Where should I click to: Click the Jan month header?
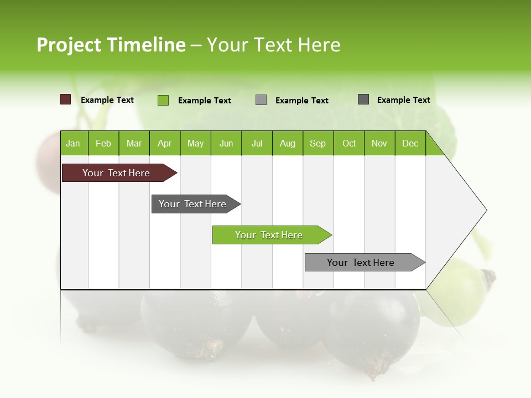73,143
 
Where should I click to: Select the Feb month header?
103,143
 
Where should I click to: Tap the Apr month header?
164,143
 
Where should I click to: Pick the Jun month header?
226,143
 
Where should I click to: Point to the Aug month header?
288,143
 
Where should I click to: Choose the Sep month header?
317,143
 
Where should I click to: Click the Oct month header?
349,143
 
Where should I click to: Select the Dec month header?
410,143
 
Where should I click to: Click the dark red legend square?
66,99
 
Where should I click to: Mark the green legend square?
163,100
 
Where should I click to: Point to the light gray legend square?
261,100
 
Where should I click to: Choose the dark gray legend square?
363,99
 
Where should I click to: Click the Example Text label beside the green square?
204,101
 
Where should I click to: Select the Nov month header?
379,143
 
